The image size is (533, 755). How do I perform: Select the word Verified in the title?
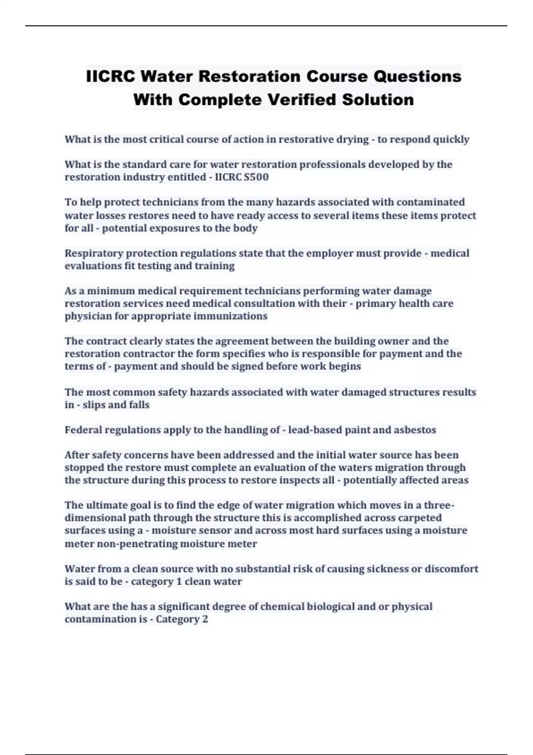(302, 99)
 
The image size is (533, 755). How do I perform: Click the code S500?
(256, 177)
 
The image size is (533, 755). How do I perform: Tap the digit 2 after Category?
(205, 619)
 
